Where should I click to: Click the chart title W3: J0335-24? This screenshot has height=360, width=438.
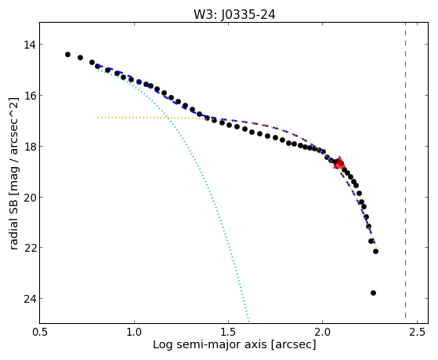click(234, 15)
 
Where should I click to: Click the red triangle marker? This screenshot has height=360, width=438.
click(339, 163)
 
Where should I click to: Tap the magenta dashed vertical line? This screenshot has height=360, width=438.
click(405, 173)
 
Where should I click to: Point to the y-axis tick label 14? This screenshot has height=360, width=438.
click(29, 45)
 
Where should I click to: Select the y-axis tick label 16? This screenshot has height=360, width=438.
click(29, 96)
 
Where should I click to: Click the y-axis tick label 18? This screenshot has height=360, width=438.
click(29, 147)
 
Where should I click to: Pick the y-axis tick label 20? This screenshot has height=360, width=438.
click(29, 197)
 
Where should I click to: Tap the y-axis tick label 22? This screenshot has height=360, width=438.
click(29, 248)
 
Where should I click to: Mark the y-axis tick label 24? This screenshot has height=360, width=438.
click(29, 299)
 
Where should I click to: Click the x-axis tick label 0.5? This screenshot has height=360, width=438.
click(40, 332)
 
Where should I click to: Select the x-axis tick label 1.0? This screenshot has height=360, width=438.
click(134, 332)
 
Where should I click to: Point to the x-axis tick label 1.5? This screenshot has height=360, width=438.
click(229, 332)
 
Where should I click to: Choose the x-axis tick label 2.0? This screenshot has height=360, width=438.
click(323, 332)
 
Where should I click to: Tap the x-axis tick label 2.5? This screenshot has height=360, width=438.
click(417, 332)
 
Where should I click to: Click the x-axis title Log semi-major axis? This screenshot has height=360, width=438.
click(210, 345)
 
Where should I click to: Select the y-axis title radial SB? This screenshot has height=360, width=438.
click(13, 222)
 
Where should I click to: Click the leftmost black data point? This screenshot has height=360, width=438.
click(67, 54)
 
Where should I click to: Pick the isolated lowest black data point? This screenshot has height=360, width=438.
click(373, 293)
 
